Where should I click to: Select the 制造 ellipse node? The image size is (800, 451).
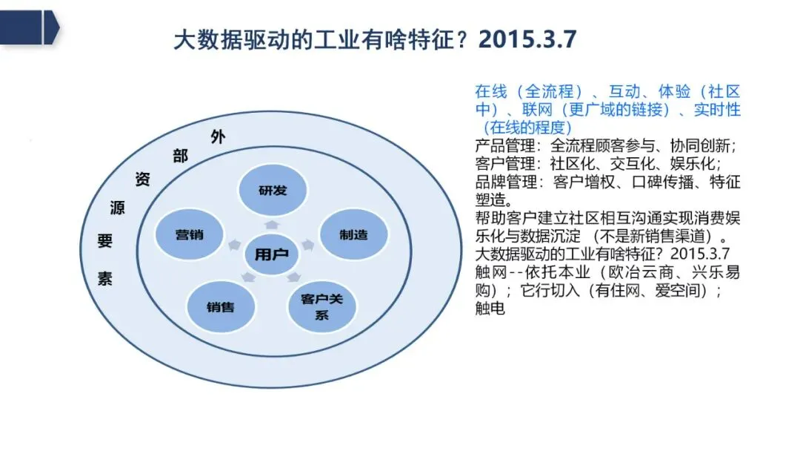(x=353, y=234)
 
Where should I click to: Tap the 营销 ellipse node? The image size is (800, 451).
(x=189, y=234)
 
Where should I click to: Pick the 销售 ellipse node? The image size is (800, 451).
(x=221, y=306)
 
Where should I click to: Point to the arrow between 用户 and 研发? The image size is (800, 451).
(x=272, y=223)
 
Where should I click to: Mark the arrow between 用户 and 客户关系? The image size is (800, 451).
(x=294, y=277)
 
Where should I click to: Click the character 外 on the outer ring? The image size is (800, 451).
(x=217, y=136)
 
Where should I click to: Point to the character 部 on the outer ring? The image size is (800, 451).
(x=180, y=156)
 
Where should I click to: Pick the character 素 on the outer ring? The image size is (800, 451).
(x=105, y=279)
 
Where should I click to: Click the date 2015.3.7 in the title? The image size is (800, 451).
(x=527, y=39)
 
